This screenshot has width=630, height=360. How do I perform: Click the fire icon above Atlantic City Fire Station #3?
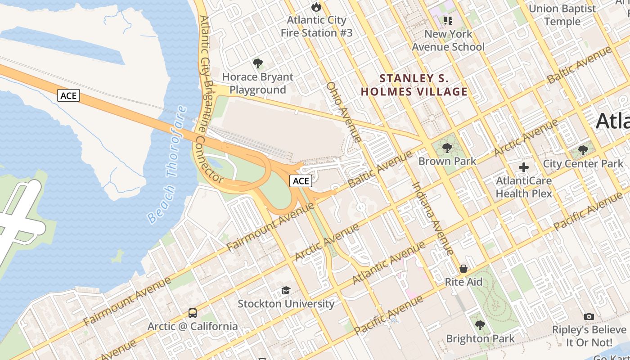click(x=316, y=7)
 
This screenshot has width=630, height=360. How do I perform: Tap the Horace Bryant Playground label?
click(x=258, y=83)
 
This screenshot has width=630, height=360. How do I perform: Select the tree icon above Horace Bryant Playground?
click(x=258, y=63)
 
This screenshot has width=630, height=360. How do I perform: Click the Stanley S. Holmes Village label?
click(x=414, y=85)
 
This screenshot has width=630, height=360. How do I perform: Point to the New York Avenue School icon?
click(x=448, y=20)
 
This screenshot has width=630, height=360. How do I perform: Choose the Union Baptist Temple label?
click(x=562, y=15)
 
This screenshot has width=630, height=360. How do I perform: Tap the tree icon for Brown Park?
click(x=447, y=148)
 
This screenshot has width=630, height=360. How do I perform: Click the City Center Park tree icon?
click(x=583, y=150)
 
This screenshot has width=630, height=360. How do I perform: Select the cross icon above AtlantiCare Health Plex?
click(x=523, y=167)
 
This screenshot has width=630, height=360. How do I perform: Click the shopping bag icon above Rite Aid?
click(x=463, y=269)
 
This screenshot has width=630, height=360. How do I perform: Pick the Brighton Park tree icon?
click(x=480, y=325)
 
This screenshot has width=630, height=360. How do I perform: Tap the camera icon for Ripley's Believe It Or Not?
click(x=589, y=317)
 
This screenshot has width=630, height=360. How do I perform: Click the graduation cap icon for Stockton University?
click(x=286, y=290)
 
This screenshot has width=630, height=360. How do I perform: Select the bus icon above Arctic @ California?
click(x=193, y=313)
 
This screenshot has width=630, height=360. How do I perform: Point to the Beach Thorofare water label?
click(x=167, y=165)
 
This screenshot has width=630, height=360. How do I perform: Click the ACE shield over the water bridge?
click(x=68, y=95)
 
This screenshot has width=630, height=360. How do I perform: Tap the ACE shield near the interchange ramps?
click(x=301, y=181)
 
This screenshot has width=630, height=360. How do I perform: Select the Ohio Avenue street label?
click(x=344, y=112)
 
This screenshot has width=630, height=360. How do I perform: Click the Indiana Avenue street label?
click(x=432, y=219)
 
